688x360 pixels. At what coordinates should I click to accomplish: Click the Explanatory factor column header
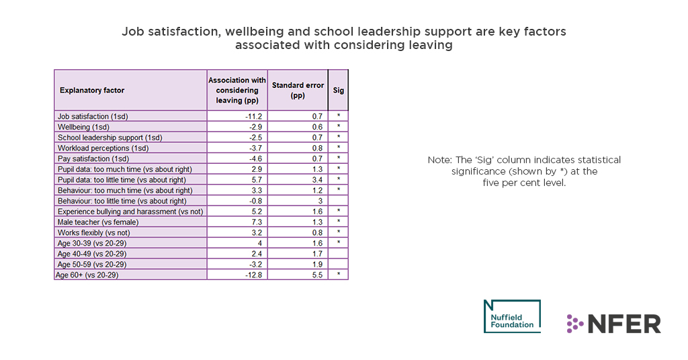(92, 90)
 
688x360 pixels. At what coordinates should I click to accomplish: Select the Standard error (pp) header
(298, 90)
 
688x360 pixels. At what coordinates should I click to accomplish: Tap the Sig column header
(338, 90)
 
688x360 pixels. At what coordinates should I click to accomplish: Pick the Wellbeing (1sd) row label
(83, 127)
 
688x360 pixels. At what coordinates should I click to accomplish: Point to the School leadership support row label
(110, 138)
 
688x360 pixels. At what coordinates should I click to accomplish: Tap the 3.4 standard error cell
(317, 180)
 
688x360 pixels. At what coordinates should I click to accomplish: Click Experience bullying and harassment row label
(130, 212)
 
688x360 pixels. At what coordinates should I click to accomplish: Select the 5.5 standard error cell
(317, 275)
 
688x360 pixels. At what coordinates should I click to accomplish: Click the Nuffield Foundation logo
(511, 316)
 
